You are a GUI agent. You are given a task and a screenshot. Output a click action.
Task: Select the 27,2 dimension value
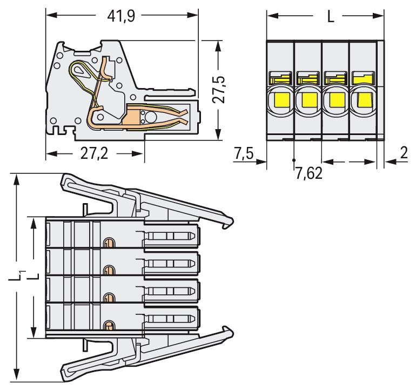(x=95, y=154)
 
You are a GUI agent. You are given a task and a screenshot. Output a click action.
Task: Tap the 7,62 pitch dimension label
(x=308, y=174)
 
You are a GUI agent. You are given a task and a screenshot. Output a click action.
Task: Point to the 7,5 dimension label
(x=244, y=154)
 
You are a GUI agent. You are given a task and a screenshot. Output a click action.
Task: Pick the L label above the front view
(x=331, y=17)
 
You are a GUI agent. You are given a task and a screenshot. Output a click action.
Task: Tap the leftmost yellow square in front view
(x=280, y=99)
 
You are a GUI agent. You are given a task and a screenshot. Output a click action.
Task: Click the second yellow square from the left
(x=308, y=99)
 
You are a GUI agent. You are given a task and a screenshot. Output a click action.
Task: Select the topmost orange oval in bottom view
(x=109, y=243)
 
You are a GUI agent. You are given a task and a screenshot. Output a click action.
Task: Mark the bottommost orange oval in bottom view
(x=109, y=325)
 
